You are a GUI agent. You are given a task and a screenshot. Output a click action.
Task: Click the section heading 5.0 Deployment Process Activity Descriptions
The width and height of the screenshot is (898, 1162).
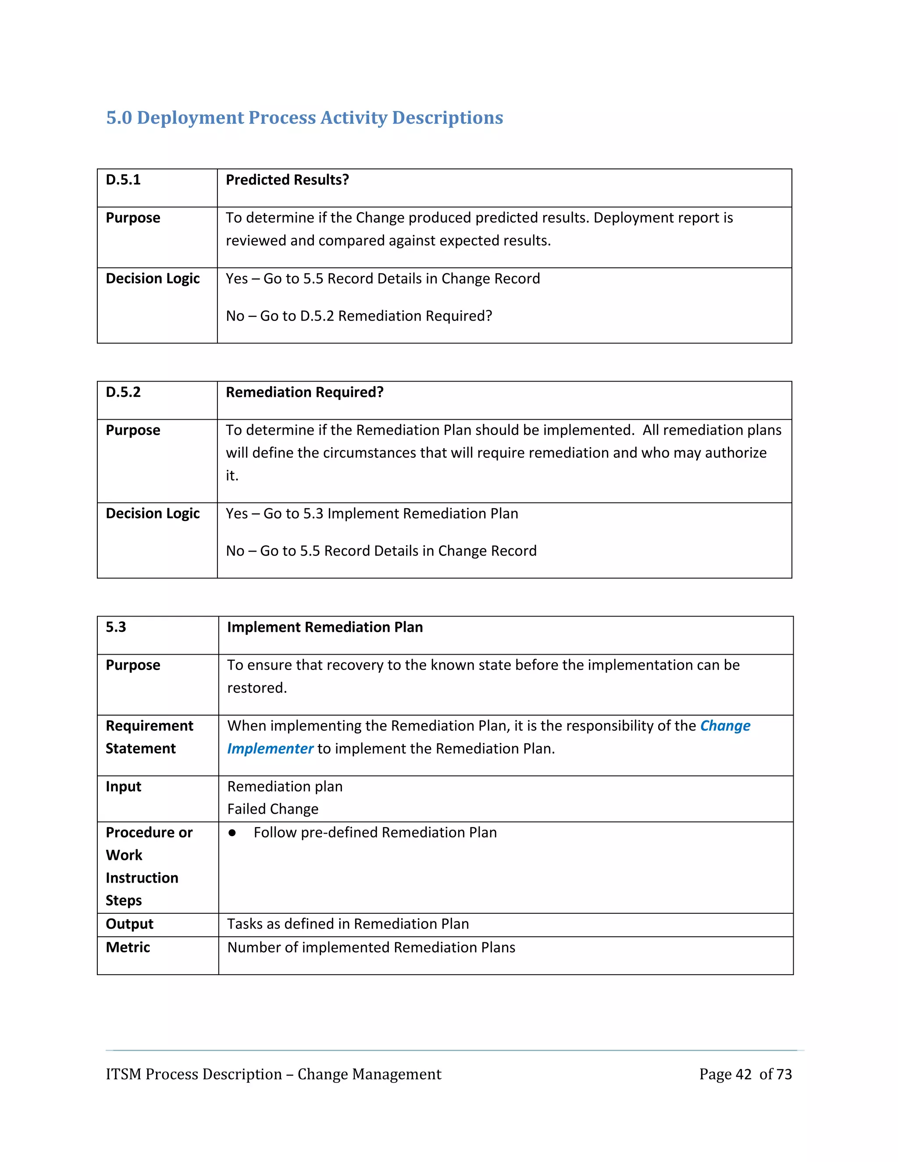click(x=304, y=118)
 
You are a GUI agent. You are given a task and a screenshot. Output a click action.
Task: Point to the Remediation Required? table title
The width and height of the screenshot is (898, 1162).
click(x=304, y=392)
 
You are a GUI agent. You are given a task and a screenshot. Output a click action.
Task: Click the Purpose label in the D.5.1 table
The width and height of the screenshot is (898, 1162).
click(x=132, y=217)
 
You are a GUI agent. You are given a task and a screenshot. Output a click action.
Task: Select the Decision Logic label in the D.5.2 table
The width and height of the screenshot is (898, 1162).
click(x=153, y=513)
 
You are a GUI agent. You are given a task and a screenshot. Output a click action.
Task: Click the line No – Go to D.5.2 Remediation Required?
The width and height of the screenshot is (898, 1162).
click(x=359, y=316)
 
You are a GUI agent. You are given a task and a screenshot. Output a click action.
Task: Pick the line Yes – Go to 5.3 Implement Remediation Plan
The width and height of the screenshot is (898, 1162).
click(x=371, y=513)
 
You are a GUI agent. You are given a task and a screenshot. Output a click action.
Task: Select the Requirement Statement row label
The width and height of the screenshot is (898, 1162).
click(x=149, y=737)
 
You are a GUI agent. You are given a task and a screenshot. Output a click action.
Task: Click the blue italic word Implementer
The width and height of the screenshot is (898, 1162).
click(x=270, y=749)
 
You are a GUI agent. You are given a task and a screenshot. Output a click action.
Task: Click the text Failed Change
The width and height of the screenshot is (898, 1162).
click(x=272, y=809)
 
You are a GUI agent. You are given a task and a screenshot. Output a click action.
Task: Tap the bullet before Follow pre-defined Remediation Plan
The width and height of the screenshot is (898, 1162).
click(x=232, y=833)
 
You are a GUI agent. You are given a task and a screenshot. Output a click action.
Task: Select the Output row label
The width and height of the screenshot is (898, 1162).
click(x=129, y=924)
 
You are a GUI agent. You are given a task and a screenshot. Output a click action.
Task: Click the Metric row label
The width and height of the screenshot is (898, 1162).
click(x=128, y=948)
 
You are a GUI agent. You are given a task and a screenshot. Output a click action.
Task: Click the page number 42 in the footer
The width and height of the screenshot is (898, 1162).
click(x=743, y=1074)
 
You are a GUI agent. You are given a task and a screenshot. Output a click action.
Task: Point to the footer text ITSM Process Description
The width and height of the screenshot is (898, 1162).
click(x=194, y=1074)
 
